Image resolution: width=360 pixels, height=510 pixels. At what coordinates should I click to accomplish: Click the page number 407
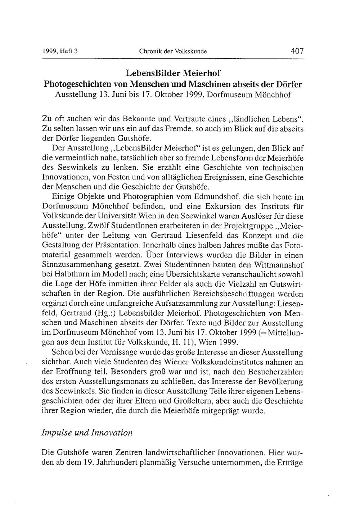[297, 51]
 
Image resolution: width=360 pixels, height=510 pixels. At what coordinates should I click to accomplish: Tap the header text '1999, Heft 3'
[60, 51]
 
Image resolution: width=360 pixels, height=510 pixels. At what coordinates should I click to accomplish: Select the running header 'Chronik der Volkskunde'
[173, 51]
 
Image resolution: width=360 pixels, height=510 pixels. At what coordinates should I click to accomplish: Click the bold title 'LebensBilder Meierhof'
[173, 73]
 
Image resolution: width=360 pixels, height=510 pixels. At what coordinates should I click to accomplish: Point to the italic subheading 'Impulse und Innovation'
[87, 433]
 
